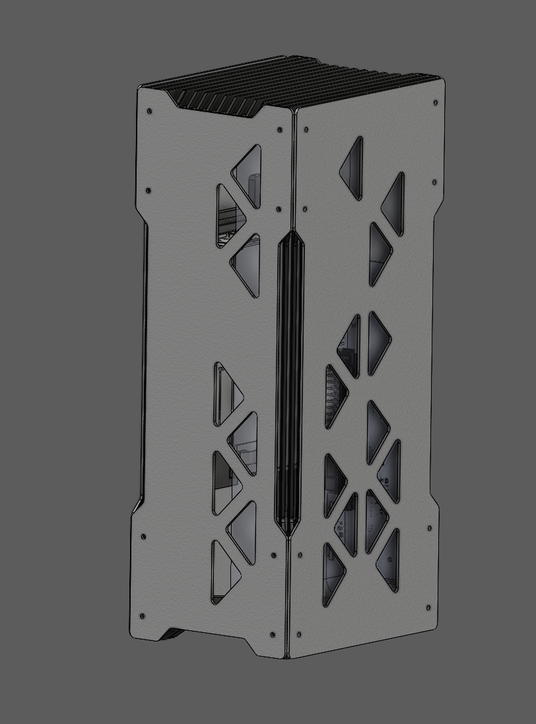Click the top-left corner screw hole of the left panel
[150, 111]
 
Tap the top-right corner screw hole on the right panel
[436, 103]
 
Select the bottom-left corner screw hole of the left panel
[143, 616]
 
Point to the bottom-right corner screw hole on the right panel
[428, 608]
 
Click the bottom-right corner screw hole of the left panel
[273, 635]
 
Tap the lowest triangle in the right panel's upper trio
[378, 254]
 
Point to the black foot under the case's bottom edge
[173, 635]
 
